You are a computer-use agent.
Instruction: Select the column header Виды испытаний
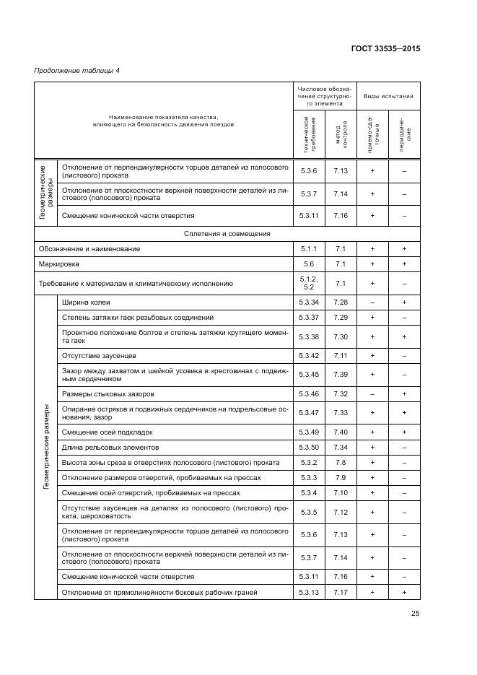(x=388, y=95)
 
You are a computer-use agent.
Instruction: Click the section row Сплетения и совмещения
(x=227, y=233)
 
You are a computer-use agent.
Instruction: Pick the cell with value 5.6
(x=309, y=264)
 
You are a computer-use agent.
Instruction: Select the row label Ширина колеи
(x=86, y=302)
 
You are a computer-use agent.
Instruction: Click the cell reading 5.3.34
(x=309, y=302)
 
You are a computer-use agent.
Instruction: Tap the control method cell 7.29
(x=341, y=317)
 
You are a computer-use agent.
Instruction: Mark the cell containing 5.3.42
(x=309, y=355)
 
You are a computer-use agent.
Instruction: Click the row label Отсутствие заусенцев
(x=99, y=355)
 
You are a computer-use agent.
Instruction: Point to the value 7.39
(x=341, y=374)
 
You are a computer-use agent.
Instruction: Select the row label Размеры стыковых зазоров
(x=108, y=393)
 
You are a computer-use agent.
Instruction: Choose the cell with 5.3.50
(x=309, y=447)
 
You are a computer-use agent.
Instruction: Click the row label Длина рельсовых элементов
(x=108, y=447)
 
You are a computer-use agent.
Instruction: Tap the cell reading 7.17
(x=341, y=592)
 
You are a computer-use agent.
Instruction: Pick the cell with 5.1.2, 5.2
(x=309, y=282)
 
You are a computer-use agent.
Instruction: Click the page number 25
(x=415, y=614)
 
